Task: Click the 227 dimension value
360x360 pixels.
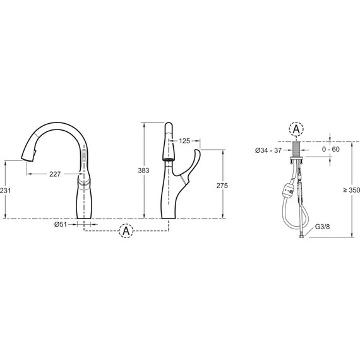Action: click(55, 174)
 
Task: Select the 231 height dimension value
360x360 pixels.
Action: click(5, 190)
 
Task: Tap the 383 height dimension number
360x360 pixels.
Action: click(143, 171)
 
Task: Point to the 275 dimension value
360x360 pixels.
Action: click(222, 186)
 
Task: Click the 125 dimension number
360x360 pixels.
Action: click(184, 141)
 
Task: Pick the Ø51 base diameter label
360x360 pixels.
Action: click(61, 224)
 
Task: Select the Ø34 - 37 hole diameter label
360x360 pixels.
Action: click(268, 150)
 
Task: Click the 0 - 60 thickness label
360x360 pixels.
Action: click(330, 149)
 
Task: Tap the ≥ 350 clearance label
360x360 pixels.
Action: click(352, 190)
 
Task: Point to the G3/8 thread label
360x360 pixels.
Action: click(322, 227)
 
